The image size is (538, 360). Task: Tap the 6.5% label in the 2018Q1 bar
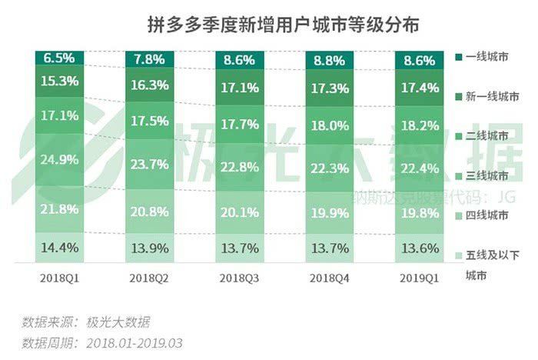[x=59, y=58]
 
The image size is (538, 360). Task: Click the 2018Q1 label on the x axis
[x=59, y=277]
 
